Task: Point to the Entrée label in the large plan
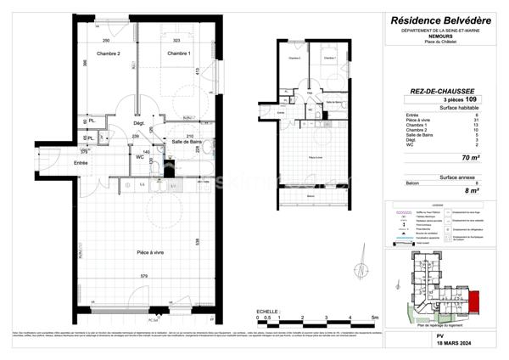pos(81,162)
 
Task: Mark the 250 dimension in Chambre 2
pos(107,41)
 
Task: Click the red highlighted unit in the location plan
pos(473,300)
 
